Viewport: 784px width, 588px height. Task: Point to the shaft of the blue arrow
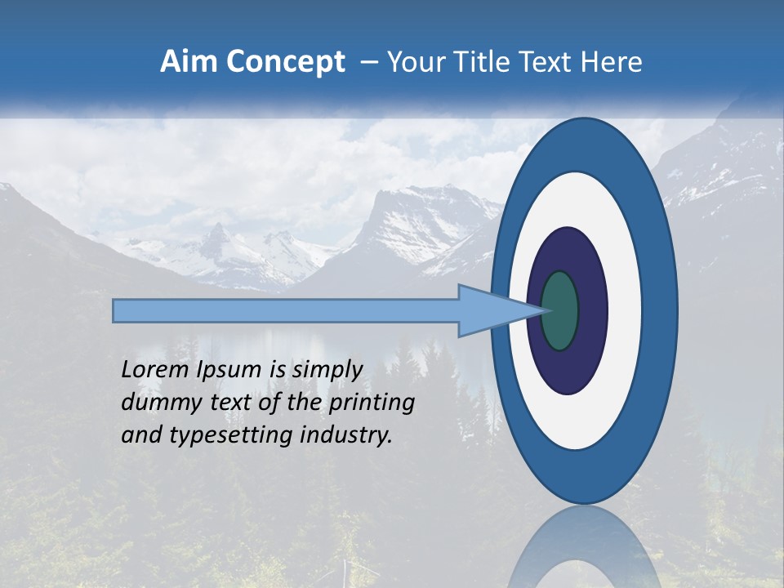[x=286, y=311]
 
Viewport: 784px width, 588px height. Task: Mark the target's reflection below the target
[x=584, y=551]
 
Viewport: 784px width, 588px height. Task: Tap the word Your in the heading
[x=413, y=62]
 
